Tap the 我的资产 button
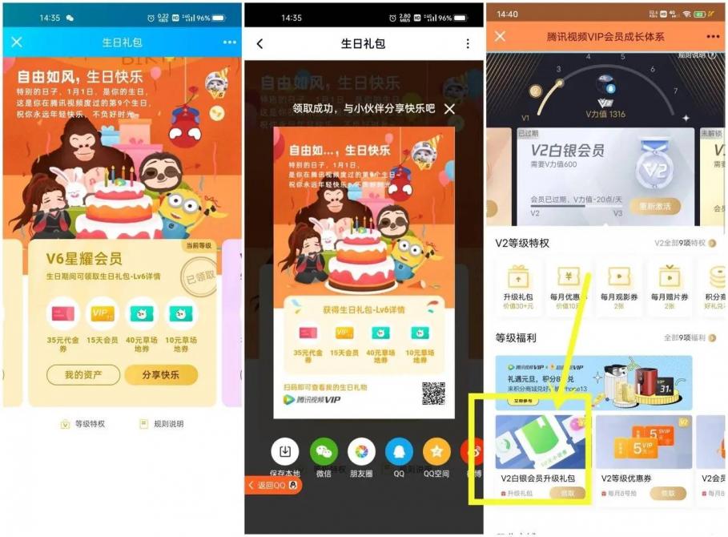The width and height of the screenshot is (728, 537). pos(82,374)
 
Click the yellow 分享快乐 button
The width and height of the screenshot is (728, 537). pos(161,374)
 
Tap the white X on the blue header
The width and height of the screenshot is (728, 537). pos(17,42)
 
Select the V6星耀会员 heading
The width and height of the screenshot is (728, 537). pos(84,258)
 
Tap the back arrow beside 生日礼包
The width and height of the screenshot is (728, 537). pos(259,43)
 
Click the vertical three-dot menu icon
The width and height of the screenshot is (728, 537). pos(469,43)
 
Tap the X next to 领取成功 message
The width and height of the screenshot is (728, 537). pos(450,108)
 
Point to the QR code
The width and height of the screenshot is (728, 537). pos(433,393)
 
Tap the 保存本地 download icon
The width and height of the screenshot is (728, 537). pos(285,451)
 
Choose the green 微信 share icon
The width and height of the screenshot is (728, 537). pos(324,451)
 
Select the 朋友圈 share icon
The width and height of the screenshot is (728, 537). pos(362,451)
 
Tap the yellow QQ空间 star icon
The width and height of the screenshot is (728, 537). pos(436,451)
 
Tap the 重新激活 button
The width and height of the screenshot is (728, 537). pos(654,206)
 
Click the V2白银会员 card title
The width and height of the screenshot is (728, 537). pos(567,151)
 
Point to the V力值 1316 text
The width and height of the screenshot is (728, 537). pos(606,114)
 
